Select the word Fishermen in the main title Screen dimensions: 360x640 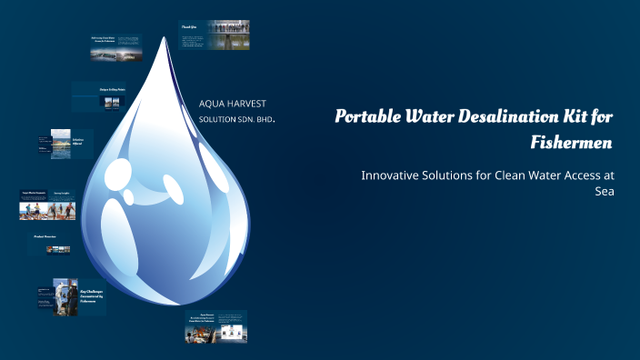pos(572,142)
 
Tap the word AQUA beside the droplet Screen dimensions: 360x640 pos(213,104)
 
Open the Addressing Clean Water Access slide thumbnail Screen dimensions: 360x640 pos(115,45)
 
